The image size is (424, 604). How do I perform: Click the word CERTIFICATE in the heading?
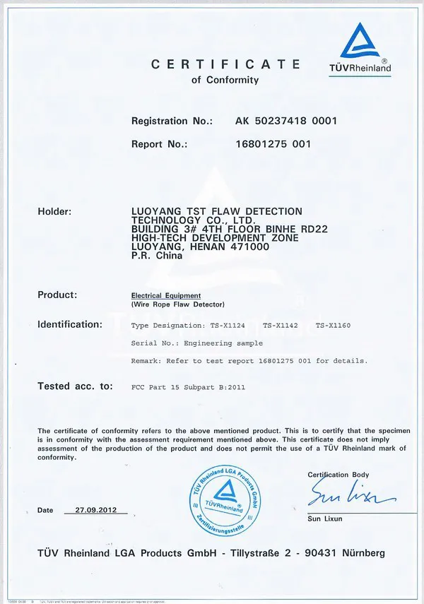click(225, 64)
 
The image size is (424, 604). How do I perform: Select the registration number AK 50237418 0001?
click(286, 121)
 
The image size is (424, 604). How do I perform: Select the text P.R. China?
click(157, 256)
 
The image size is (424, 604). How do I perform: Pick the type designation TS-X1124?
click(230, 326)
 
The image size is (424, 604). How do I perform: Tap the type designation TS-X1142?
click(282, 326)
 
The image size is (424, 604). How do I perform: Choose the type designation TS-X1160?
click(332, 326)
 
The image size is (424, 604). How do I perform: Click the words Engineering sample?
click(223, 343)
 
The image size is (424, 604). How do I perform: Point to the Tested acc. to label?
click(75, 386)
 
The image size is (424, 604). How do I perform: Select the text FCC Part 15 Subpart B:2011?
click(189, 387)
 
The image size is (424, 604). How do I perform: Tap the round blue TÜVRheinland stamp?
click(224, 498)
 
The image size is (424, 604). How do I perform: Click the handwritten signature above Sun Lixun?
click(341, 493)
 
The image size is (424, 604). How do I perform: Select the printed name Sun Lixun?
click(325, 519)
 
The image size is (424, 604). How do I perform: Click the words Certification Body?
click(338, 474)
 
